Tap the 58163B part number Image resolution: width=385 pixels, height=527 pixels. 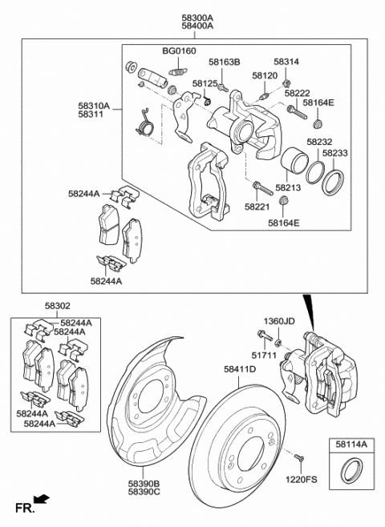click(225, 62)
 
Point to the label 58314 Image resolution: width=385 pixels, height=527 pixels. click(286, 62)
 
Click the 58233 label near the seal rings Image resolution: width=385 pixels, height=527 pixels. click(335, 152)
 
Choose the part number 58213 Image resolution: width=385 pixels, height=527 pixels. click(289, 187)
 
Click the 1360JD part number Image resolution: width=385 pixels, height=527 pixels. click(281, 320)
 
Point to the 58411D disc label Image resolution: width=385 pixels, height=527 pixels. click(239, 369)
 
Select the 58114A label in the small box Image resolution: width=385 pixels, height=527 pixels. click(350, 443)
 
